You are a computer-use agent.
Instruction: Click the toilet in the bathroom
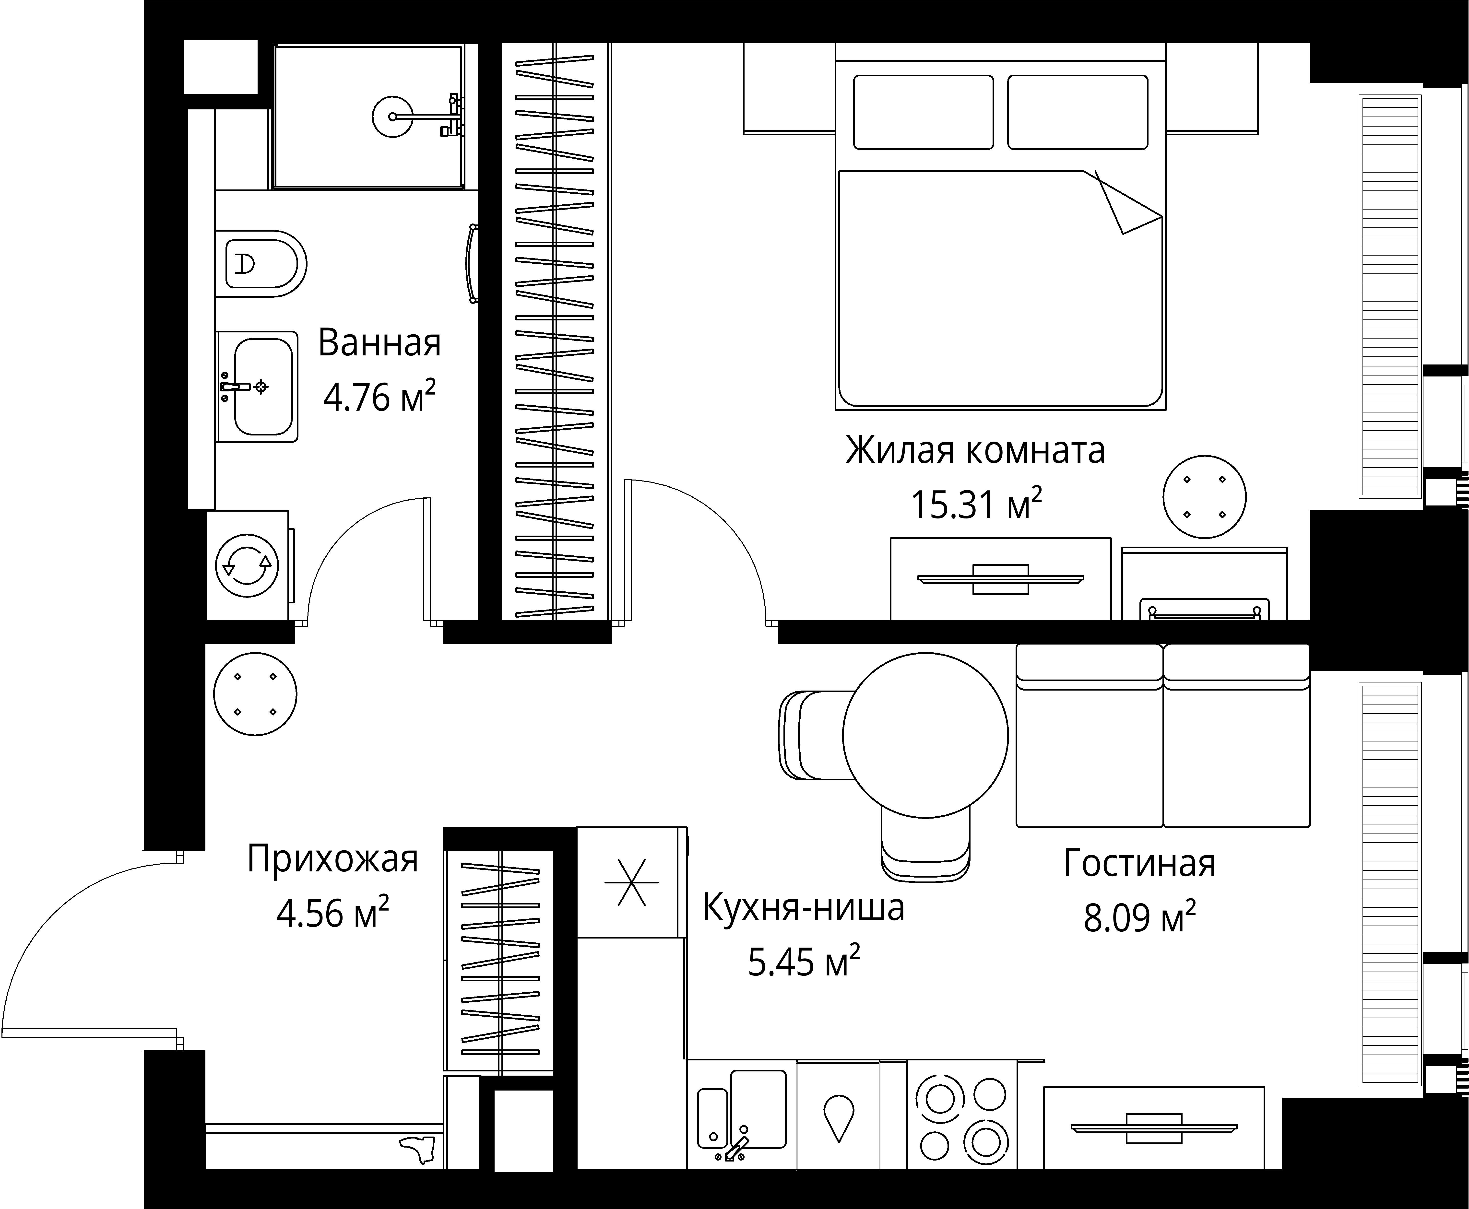(x=261, y=264)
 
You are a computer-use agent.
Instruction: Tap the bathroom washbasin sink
(x=263, y=387)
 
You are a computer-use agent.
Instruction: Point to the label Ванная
(x=379, y=343)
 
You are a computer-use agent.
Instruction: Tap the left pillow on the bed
(x=923, y=112)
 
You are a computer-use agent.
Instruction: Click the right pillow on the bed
(x=1077, y=112)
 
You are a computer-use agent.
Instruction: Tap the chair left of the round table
(x=811, y=735)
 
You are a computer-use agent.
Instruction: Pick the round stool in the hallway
(x=255, y=694)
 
